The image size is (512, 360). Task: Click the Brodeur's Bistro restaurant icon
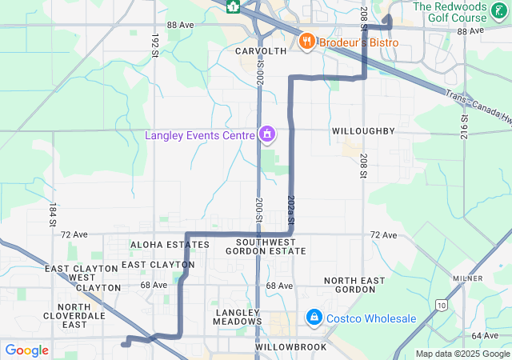(306, 41)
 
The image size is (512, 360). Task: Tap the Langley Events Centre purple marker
(267, 134)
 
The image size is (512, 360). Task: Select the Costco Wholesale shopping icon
(314, 318)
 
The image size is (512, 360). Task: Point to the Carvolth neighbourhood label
(261, 50)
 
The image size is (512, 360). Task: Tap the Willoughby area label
(363, 130)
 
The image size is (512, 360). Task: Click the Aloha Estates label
(170, 244)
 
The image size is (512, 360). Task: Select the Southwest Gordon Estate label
(266, 246)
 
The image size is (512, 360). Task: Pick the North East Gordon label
(354, 286)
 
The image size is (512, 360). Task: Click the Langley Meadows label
(238, 316)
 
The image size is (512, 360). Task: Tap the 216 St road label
(464, 126)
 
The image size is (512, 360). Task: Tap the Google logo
(26, 350)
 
